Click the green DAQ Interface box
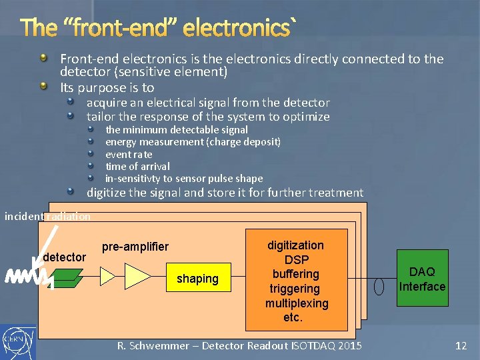tap(422, 279)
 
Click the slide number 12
tap(461, 345)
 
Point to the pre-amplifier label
tap(135, 247)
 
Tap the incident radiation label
tap(47, 216)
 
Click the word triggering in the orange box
tap(295, 289)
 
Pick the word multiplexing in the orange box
tap(297, 303)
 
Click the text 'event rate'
tap(129, 154)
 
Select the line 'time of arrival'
tap(137, 166)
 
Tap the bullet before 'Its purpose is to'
tap(44, 87)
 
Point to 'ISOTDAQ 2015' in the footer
tap(323, 345)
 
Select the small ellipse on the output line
tap(379, 286)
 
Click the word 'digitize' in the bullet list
tap(109, 193)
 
